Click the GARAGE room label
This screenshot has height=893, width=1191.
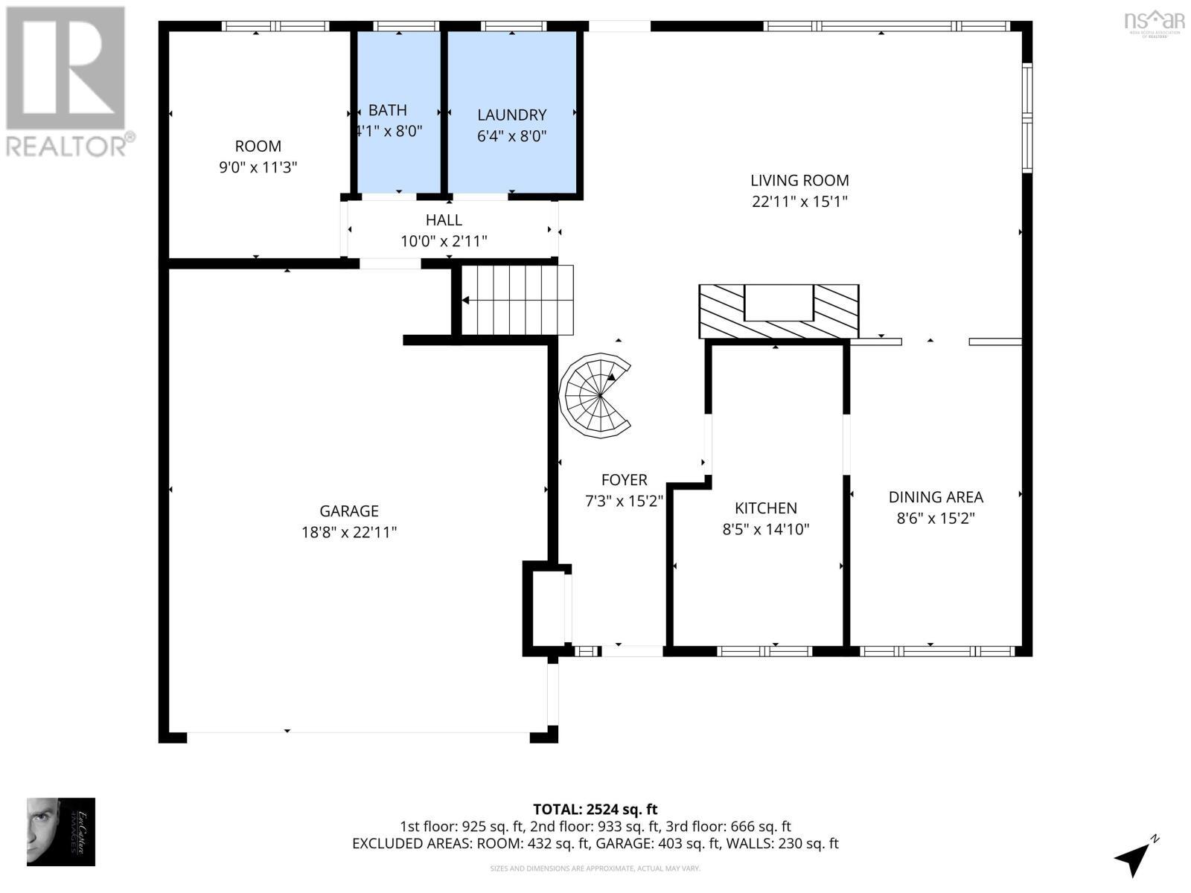click(349, 511)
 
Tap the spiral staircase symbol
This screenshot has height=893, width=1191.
click(595, 395)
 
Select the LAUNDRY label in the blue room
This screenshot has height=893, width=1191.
click(511, 115)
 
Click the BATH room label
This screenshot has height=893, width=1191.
click(387, 110)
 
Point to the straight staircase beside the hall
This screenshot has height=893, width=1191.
click(517, 301)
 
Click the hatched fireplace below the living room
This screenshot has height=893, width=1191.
click(778, 311)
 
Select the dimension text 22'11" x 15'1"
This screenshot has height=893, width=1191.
click(799, 202)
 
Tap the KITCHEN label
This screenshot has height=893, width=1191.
click(765, 508)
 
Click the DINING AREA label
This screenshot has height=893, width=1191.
click(936, 497)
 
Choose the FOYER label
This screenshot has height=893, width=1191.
click(624, 480)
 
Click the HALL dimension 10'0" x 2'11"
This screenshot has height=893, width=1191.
click(444, 241)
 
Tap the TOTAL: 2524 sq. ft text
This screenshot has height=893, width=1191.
click(595, 809)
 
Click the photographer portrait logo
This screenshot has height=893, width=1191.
click(61, 831)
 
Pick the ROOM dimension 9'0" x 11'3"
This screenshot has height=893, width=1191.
click(258, 167)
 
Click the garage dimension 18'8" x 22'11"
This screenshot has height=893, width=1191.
click(349, 533)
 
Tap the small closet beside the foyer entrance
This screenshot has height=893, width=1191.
click(547, 608)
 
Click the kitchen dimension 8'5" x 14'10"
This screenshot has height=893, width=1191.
click(765, 530)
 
